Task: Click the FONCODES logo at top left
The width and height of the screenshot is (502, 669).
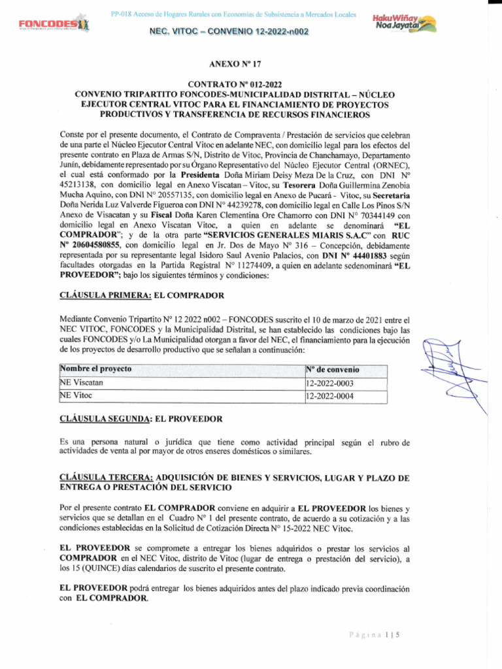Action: point(54,25)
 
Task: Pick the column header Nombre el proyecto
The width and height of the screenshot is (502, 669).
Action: point(95,369)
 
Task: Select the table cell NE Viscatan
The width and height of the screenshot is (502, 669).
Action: point(82,383)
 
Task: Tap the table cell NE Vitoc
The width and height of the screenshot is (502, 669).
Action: point(76,396)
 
